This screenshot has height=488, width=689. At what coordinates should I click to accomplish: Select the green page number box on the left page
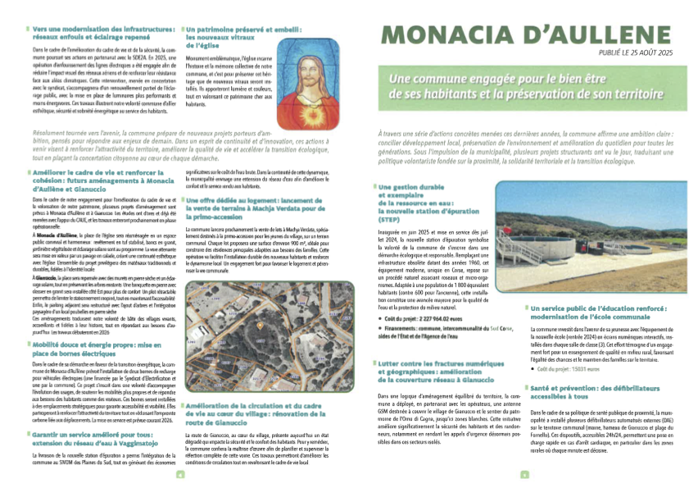[180, 472]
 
